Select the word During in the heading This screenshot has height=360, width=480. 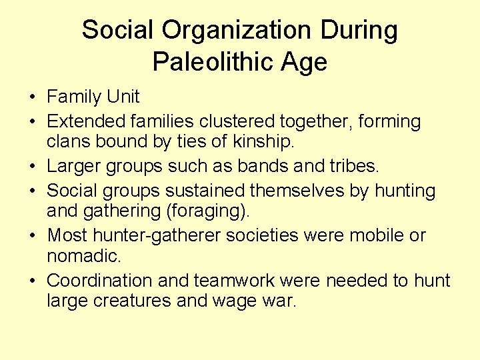click(x=360, y=31)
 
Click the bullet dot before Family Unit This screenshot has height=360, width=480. click(x=33, y=97)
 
